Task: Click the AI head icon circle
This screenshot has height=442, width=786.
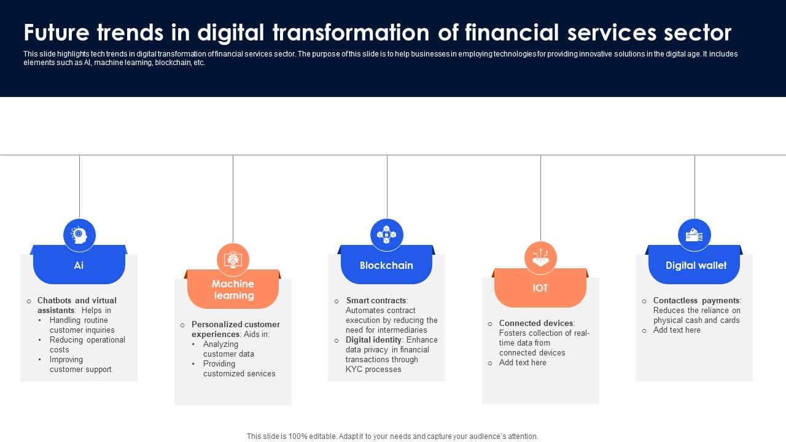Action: pyautogui.click(x=79, y=235)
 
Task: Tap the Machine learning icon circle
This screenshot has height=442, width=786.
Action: pyautogui.click(x=233, y=260)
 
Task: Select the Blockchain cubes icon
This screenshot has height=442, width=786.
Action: pyautogui.click(x=386, y=235)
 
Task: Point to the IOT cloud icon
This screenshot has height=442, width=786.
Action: pyautogui.click(x=540, y=258)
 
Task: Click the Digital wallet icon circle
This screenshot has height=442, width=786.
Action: pyautogui.click(x=695, y=235)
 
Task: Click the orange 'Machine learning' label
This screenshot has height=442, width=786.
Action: pyautogui.click(x=233, y=289)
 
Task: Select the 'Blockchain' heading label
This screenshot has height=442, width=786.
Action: pyautogui.click(x=386, y=266)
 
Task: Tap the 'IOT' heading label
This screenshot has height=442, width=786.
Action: pyautogui.click(x=540, y=288)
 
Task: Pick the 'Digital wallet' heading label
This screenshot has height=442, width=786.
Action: pyautogui.click(x=696, y=266)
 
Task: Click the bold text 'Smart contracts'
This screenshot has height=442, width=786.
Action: pyautogui.click(x=376, y=301)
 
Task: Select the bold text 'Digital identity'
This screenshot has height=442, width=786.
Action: pyautogui.click(x=373, y=340)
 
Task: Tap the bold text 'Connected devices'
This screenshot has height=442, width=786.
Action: pyautogui.click(x=536, y=323)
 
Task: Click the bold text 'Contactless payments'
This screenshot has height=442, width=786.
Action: pyautogui.click(x=696, y=301)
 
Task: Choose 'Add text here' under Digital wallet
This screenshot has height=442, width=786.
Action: pyautogui.click(x=677, y=330)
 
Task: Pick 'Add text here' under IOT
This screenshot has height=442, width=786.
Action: pyautogui.click(x=523, y=363)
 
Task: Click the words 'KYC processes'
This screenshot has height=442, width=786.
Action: pyautogui.click(x=373, y=370)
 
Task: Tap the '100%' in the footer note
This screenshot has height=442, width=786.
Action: pyautogui.click(x=298, y=436)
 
